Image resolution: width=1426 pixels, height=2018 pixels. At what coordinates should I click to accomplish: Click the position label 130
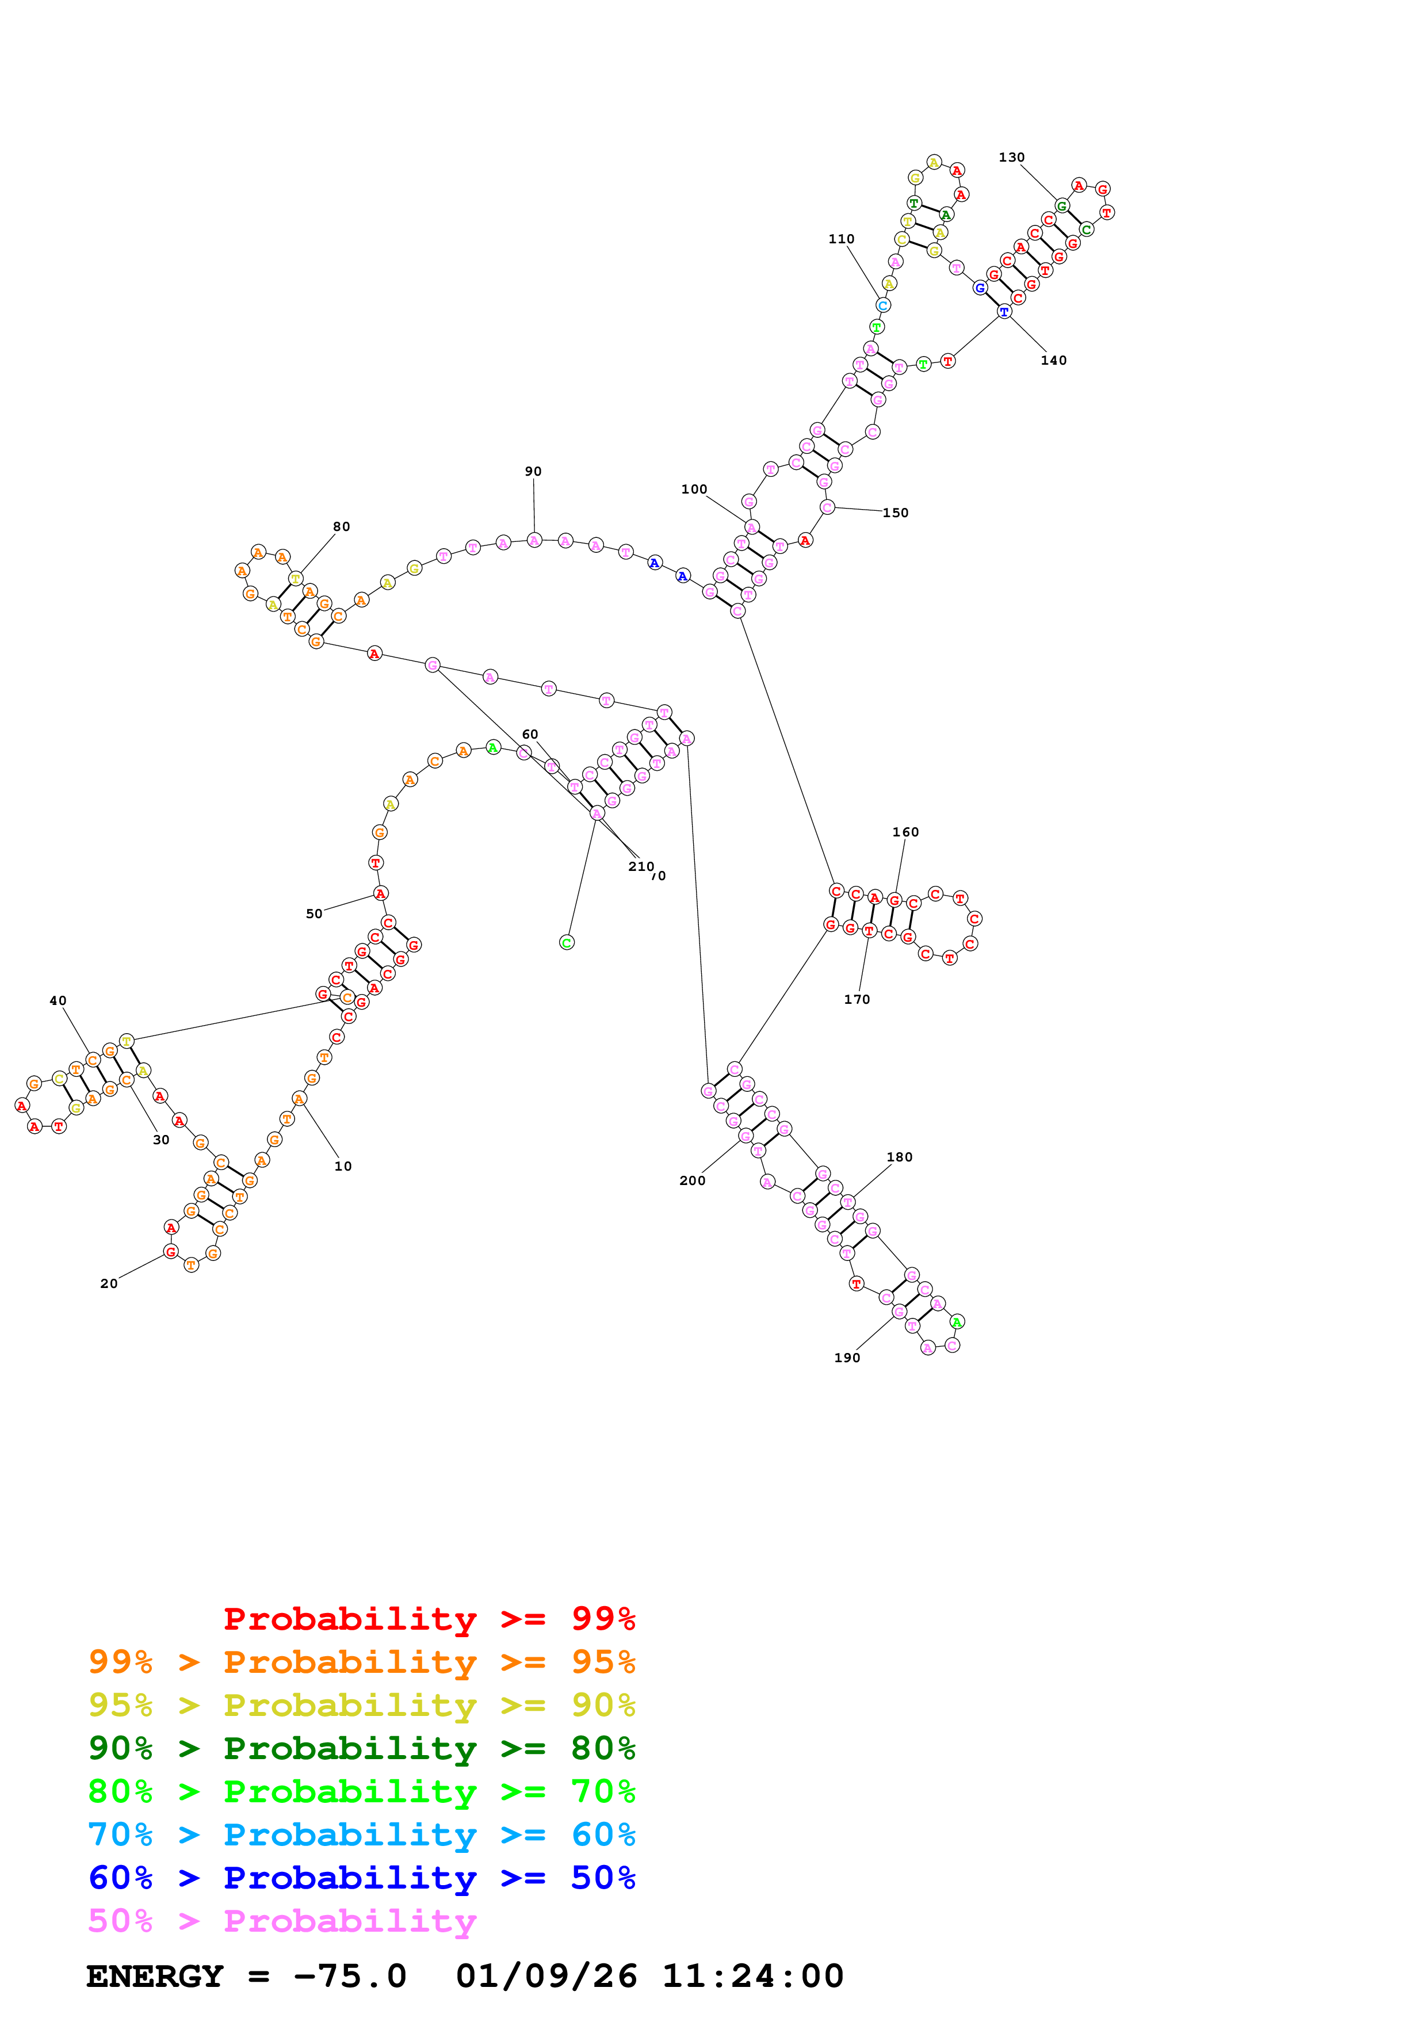tap(1011, 157)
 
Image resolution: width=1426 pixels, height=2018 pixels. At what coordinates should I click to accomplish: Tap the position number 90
tap(533, 471)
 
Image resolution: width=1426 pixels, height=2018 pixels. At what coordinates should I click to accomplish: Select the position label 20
tap(108, 1283)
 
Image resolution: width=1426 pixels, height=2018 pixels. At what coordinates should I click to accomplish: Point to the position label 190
tap(846, 1357)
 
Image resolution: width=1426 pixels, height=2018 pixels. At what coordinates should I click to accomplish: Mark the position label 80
tap(341, 526)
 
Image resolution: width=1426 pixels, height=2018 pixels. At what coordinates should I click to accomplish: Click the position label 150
tap(894, 513)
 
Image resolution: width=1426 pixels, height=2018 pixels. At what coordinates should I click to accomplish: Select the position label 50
tap(314, 913)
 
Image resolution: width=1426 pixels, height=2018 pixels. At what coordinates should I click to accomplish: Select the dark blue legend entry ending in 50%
tap(361, 1878)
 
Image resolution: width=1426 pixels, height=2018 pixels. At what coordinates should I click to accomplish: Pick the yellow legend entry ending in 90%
tap(361, 1705)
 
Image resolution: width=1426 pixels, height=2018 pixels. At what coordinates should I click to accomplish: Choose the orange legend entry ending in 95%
tap(361, 1662)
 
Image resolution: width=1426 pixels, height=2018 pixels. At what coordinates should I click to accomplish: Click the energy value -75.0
tap(350, 1976)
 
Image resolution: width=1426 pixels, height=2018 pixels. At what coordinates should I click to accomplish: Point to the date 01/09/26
tap(546, 1976)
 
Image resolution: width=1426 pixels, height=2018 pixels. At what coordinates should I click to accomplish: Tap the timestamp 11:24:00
tap(752, 1976)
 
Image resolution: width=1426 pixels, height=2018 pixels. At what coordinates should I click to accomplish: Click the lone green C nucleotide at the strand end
tap(567, 942)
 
